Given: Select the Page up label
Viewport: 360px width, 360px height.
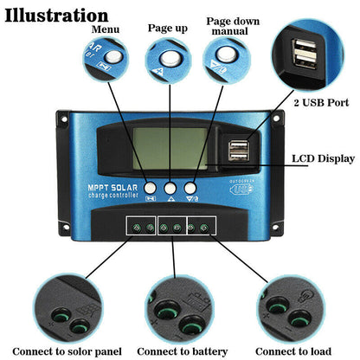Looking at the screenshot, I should point(168,28).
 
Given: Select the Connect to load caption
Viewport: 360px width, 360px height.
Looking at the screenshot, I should point(293,351).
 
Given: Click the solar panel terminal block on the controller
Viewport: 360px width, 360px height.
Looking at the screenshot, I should point(142,228).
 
